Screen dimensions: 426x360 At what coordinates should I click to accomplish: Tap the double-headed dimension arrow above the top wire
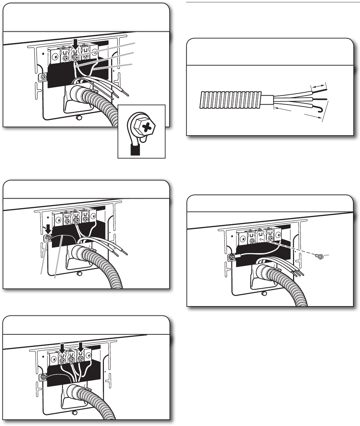319,86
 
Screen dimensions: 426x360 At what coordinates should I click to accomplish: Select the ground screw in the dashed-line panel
230,257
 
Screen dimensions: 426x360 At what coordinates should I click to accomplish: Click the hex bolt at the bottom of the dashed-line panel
264,293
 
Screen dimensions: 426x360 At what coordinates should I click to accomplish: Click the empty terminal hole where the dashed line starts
262,239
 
